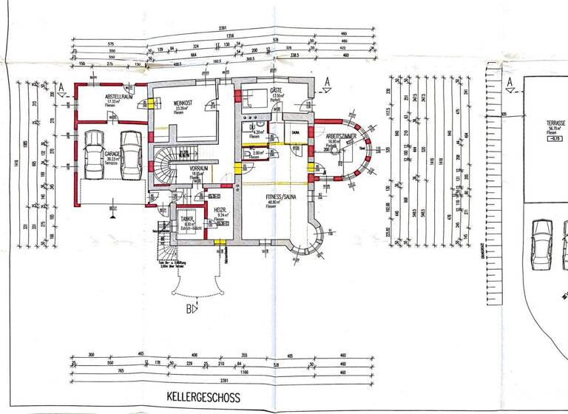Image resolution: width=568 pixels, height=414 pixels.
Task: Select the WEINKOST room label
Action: pos(183,103)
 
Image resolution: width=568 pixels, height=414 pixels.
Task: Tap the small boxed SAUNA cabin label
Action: pos(294,132)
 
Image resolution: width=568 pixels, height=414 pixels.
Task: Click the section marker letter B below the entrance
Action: pos(189,308)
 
